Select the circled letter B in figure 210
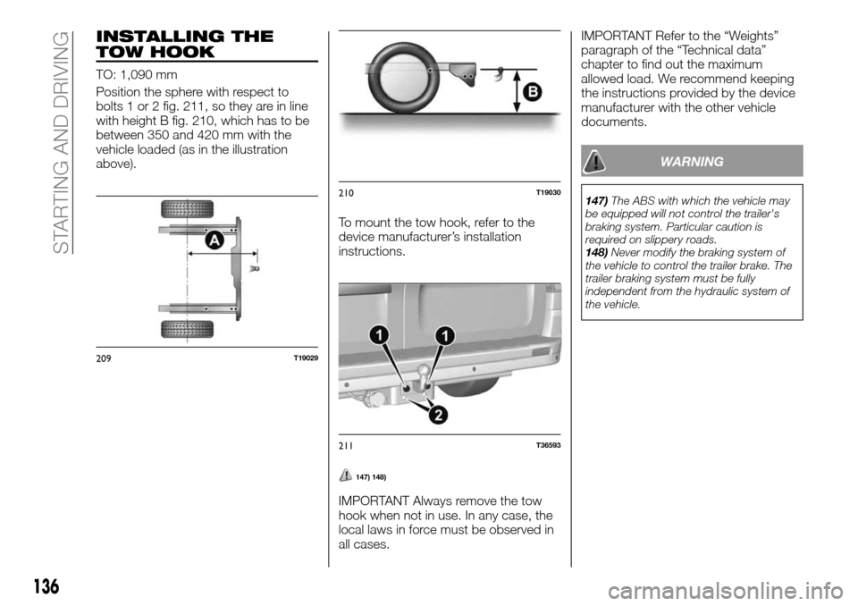tap(533, 89)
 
